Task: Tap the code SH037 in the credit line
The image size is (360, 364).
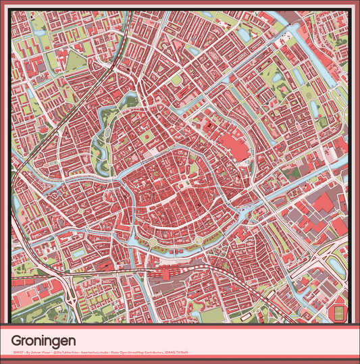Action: (18, 353)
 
